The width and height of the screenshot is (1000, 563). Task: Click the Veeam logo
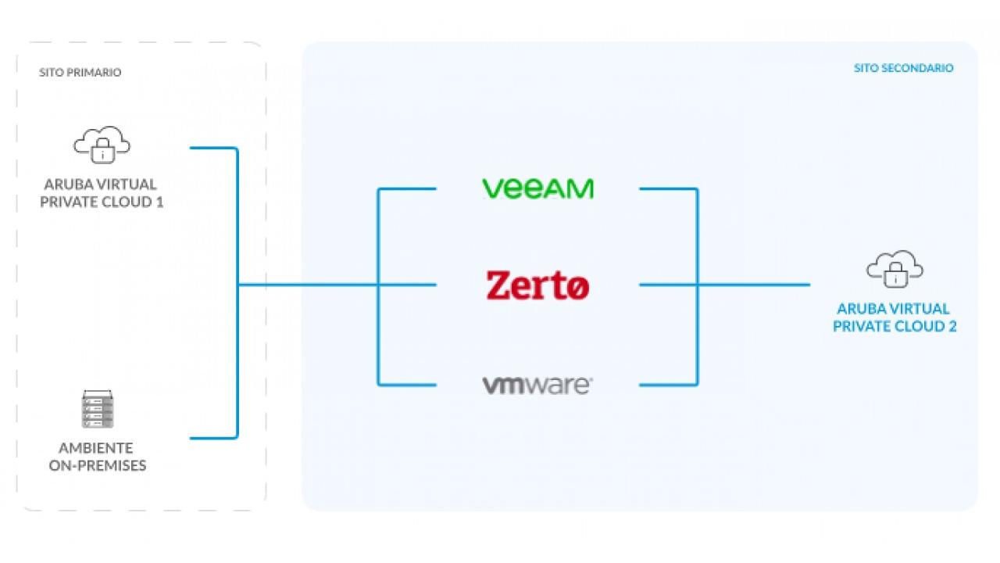pyautogui.click(x=537, y=188)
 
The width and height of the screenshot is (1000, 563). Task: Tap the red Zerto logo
pyautogui.click(x=537, y=285)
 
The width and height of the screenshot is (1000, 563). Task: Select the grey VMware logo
pyautogui.click(x=537, y=385)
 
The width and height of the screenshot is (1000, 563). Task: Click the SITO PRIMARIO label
pyautogui.click(x=80, y=73)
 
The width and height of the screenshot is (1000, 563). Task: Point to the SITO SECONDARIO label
pyautogui.click(x=903, y=68)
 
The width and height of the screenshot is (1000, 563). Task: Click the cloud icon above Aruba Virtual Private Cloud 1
pyautogui.click(x=102, y=144)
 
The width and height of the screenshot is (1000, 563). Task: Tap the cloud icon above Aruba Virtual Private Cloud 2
pyautogui.click(x=895, y=268)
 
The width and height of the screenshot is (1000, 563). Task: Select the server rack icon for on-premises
pyautogui.click(x=98, y=409)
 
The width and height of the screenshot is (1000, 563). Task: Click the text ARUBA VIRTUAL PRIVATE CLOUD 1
pyautogui.click(x=102, y=193)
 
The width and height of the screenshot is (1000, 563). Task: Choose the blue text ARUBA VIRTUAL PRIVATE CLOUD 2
pyautogui.click(x=895, y=317)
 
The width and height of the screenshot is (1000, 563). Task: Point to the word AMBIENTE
pyautogui.click(x=96, y=448)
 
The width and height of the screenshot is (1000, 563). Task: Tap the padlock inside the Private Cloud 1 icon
pyautogui.click(x=102, y=152)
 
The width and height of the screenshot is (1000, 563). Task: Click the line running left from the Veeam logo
pyautogui.click(x=407, y=188)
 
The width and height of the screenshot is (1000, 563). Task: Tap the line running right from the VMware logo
pyautogui.click(x=668, y=385)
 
